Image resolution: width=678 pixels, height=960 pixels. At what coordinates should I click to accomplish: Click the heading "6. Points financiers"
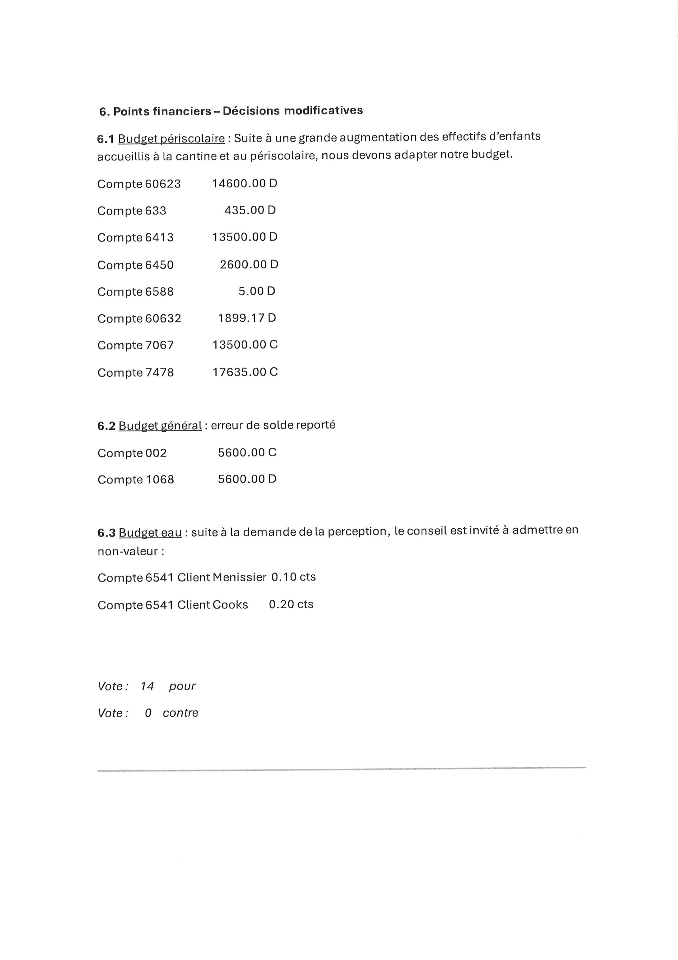pyautogui.click(x=155, y=112)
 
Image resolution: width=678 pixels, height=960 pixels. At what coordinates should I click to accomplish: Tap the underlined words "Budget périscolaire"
pyautogui.click(x=171, y=138)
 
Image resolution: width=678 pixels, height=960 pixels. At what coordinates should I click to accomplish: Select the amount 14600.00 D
pyautogui.click(x=245, y=184)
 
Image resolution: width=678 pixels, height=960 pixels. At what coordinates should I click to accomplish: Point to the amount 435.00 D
pyautogui.click(x=250, y=210)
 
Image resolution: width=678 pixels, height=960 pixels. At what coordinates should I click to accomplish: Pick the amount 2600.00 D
pyautogui.click(x=249, y=264)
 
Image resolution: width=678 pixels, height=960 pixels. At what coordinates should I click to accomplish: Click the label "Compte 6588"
pyautogui.click(x=135, y=292)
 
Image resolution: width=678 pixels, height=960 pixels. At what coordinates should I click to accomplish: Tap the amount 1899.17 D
pyautogui.click(x=247, y=318)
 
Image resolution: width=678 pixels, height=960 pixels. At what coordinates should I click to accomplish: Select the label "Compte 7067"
pyautogui.click(x=135, y=345)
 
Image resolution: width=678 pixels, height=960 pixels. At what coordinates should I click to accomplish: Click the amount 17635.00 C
pyautogui.click(x=245, y=372)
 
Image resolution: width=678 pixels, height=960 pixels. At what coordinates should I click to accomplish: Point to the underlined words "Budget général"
pyautogui.click(x=160, y=426)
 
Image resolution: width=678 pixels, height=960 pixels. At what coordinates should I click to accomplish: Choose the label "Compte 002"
pyautogui.click(x=132, y=453)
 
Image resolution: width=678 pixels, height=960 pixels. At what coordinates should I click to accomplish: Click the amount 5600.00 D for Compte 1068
pyautogui.click(x=247, y=479)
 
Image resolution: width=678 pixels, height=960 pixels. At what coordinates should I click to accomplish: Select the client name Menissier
pyautogui.click(x=239, y=577)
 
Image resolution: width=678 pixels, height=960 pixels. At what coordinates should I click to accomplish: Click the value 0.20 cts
pyautogui.click(x=291, y=604)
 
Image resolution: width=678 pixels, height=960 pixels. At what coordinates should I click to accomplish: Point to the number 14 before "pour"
pyautogui.click(x=147, y=686)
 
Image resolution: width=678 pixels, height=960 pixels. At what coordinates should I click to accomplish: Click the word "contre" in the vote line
pyautogui.click(x=181, y=713)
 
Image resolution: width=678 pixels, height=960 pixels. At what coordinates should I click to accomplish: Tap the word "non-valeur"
pyautogui.click(x=128, y=551)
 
